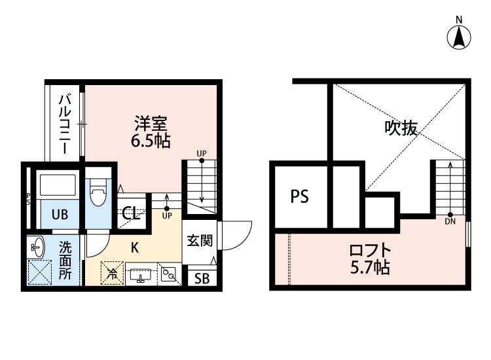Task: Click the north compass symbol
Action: [x=460, y=37]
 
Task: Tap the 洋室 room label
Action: [x=151, y=122]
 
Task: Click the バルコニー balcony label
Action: [x=65, y=124]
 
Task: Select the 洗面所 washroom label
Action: [x=65, y=260]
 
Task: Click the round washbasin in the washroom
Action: [x=37, y=248]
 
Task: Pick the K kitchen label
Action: [x=134, y=248]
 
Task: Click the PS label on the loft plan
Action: [x=299, y=196]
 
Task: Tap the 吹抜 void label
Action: [x=401, y=129]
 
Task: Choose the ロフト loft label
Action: [x=370, y=251]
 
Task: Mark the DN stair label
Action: [x=450, y=221]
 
